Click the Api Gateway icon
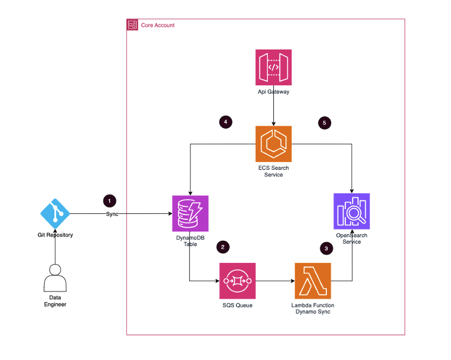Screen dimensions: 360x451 point(274,67)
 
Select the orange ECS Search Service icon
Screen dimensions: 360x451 point(274,144)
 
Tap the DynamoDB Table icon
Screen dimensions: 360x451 point(190,212)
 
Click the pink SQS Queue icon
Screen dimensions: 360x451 point(237,281)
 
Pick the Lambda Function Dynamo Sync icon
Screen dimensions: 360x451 point(313,281)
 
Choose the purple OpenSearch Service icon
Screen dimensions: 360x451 point(351,212)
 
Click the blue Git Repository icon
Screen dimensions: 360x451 point(55,212)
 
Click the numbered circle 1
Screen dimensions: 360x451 point(109,201)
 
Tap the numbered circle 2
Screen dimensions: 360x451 point(222,246)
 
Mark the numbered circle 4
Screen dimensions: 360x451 point(225,122)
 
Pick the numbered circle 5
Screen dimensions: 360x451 point(325,122)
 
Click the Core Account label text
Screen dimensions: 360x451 point(157,25)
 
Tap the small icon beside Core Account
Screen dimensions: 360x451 point(132,25)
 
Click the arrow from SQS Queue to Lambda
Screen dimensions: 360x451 point(275,281)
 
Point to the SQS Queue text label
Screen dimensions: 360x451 point(237,306)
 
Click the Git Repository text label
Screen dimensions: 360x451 point(55,235)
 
